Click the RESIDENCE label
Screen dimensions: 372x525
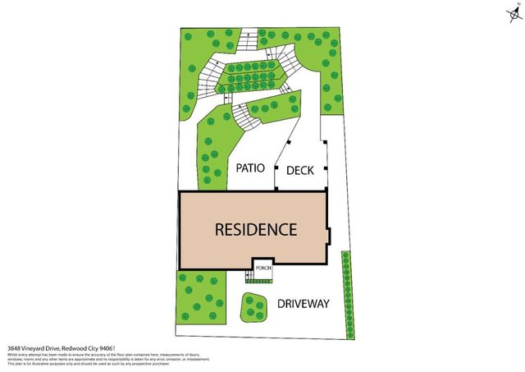(255, 229)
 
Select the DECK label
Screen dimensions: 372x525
(300, 171)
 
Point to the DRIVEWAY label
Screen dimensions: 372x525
(303, 304)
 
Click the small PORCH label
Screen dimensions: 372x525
(262, 268)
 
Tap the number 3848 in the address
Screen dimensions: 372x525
(14, 348)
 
